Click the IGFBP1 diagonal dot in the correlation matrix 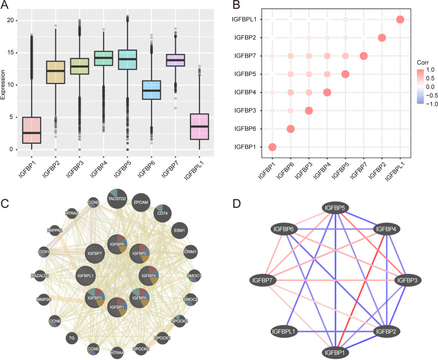(272, 147)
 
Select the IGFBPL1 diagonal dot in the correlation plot (400, 20)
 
